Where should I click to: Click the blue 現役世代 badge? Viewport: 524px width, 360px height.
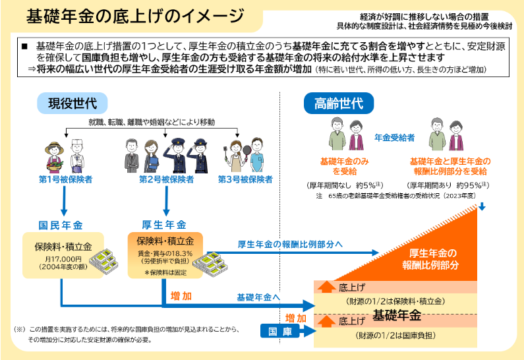pos(73,104)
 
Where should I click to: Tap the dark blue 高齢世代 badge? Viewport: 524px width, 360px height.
pos(339,104)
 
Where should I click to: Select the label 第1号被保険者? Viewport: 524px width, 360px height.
pos(65,179)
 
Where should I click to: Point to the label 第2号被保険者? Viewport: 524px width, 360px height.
pos(166,179)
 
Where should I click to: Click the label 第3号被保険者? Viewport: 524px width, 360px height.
pos(245,179)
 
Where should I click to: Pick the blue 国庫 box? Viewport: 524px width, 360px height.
pos(280,331)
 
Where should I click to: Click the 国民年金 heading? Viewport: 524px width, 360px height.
pos(61,225)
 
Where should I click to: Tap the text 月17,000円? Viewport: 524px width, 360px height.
pos(63,259)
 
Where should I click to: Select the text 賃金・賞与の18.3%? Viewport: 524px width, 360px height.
pos(165,253)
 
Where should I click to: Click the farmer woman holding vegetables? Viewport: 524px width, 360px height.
pos(54,157)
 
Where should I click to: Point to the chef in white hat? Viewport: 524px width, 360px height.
pos(77,156)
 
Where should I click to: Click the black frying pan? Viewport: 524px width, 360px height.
pos(247,151)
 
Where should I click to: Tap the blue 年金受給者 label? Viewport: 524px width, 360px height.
pos(394,138)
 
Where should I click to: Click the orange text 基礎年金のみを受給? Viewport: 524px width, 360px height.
pos(345,166)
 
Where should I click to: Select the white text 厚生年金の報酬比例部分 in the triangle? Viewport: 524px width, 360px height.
pos(431,259)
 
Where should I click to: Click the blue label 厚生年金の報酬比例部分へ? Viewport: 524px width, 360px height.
pos(290,245)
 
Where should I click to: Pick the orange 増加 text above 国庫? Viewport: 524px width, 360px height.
pos(296,318)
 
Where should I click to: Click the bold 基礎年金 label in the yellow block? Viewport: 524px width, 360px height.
pos(397,315)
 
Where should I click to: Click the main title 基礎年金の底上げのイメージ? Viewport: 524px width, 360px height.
pos(135,16)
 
